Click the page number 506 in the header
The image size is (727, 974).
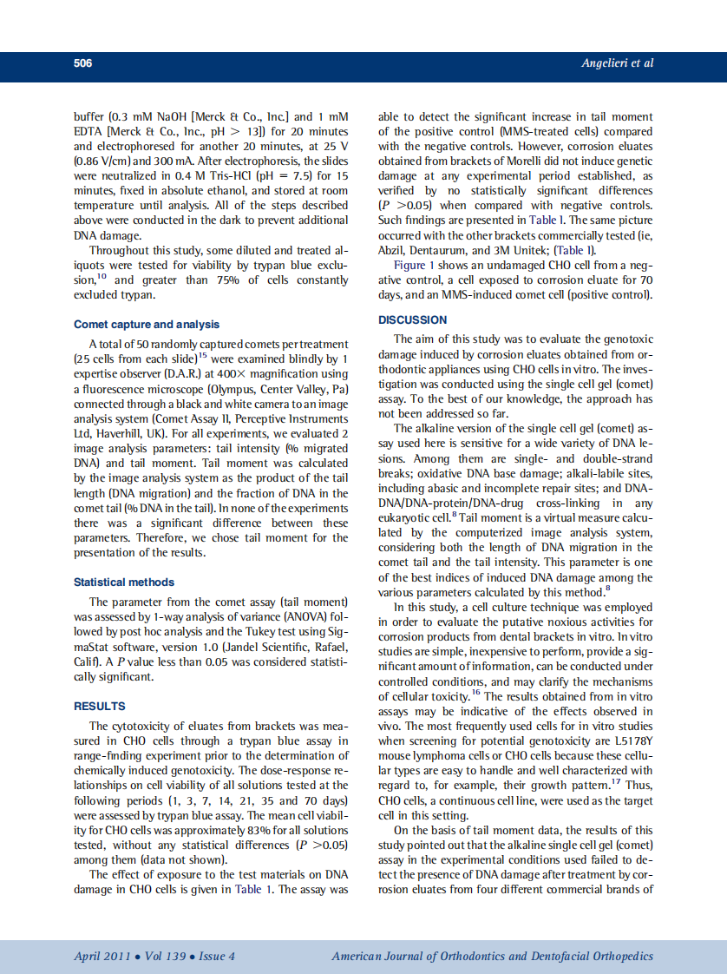tap(83, 63)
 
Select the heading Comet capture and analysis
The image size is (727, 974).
tap(147, 324)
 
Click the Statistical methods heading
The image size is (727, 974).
tap(124, 582)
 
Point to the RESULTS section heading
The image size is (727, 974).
tap(100, 706)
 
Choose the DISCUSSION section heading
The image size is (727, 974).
tap(413, 319)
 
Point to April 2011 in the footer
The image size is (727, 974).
tap(101, 956)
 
